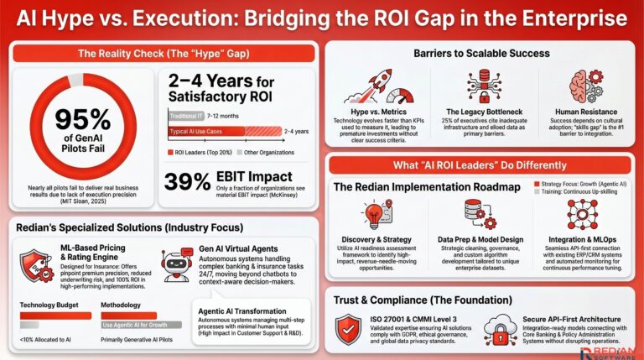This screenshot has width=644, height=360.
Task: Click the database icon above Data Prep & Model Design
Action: [475, 214]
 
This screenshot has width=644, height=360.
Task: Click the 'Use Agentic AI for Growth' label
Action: [137, 325]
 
